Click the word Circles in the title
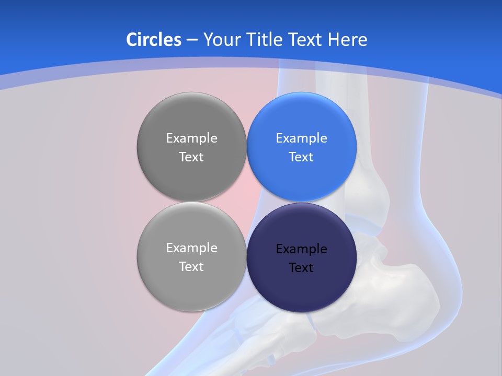(x=153, y=40)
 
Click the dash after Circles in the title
(x=192, y=40)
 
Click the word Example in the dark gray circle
(x=191, y=138)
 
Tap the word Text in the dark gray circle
(x=191, y=157)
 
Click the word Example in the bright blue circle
(x=301, y=138)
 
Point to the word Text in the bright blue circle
(x=301, y=157)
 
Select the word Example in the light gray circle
(x=191, y=248)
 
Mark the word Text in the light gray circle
(x=191, y=267)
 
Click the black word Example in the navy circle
(x=301, y=249)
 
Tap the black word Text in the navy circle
(x=301, y=268)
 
